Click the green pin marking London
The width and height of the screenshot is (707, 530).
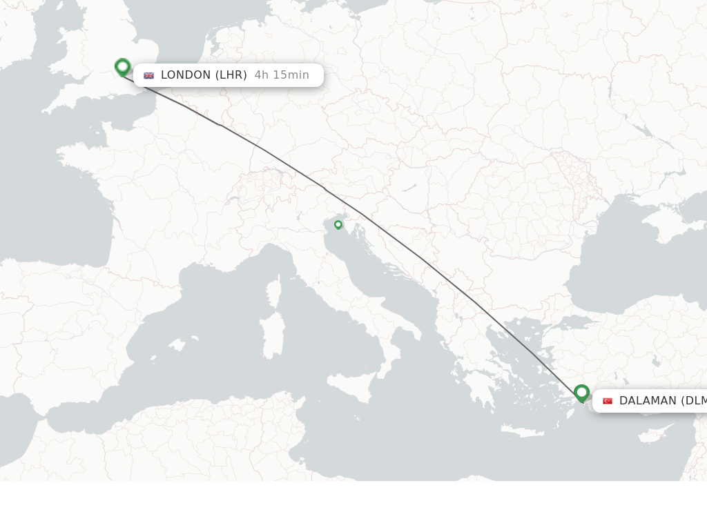tap(123, 67)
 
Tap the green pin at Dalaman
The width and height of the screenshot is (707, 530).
tap(581, 393)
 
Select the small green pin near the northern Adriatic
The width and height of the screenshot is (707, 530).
tap(338, 224)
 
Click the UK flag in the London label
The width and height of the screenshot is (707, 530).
tap(148, 75)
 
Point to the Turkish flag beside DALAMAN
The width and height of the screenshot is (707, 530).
tap(608, 401)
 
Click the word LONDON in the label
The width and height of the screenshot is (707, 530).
tap(186, 75)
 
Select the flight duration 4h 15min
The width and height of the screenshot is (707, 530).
tap(282, 75)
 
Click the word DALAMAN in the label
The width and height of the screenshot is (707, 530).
tap(648, 401)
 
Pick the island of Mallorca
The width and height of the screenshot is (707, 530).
tap(177, 344)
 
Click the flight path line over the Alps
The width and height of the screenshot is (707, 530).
tap(290, 166)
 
